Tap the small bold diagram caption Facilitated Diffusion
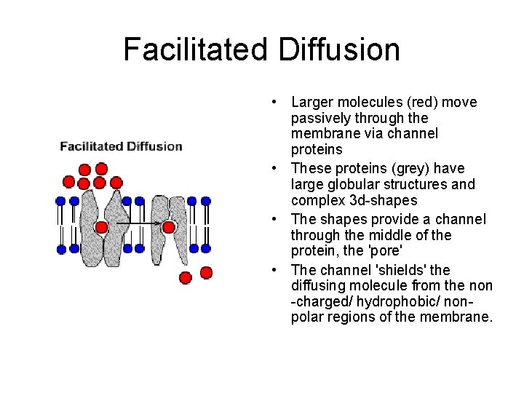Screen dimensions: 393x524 click(x=121, y=146)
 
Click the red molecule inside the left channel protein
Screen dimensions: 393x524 click(x=102, y=227)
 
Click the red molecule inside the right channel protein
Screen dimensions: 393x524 click(x=169, y=227)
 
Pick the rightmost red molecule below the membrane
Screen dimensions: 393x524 click(x=206, y=272)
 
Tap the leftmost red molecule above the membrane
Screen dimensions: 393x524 click(x=69, y=182)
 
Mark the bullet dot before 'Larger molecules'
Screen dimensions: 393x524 click(x=271, y=102)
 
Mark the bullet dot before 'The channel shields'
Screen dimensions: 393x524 click(x=271, y=269)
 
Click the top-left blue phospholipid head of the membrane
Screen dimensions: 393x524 click(x=60, y=201)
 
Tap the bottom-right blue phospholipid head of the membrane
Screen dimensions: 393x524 click(x=206, y=249)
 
